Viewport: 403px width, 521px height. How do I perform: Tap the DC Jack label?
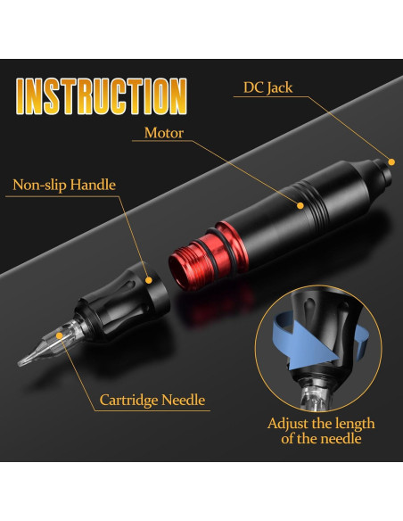point(267,87)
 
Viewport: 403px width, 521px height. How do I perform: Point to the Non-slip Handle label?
point(64,186)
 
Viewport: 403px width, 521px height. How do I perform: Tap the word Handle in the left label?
point(93,186)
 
